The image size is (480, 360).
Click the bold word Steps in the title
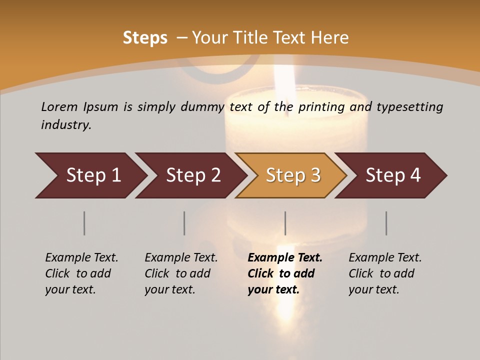(x=145, y=37)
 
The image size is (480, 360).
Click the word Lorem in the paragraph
(x=59, y=106)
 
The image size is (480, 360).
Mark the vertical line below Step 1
(x=84, y=223)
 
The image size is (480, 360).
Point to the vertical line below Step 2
(x=184, y=223)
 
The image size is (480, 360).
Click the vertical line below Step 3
(x=285, y=223)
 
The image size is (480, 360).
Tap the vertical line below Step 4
(x=386, y=223)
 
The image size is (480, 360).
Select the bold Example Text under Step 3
(x=285, y=258)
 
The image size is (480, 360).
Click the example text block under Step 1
(x=81, y=273)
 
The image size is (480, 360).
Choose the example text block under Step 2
(x=181, y=273)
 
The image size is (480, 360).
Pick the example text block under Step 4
(x=385, y=273)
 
